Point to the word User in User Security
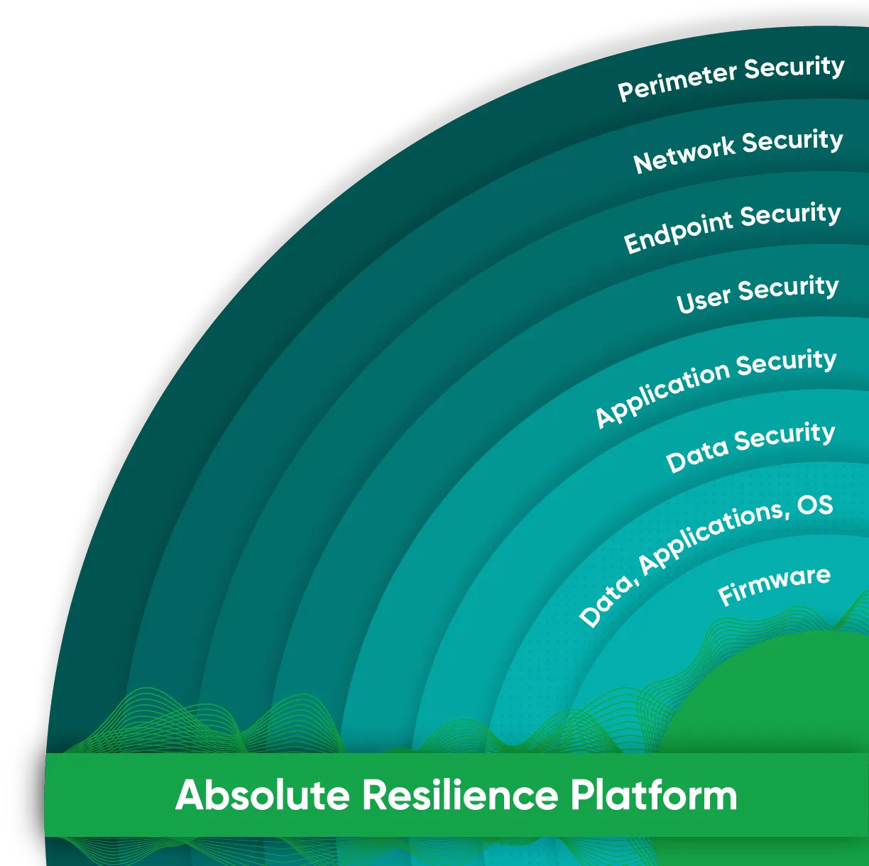point(703,300)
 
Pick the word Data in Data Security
point(697,454)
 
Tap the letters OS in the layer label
point(815,505)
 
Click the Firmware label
point(774,586)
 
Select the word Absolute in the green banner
point(262,795)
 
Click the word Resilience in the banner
point(460,795)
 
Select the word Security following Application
point(786,363)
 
